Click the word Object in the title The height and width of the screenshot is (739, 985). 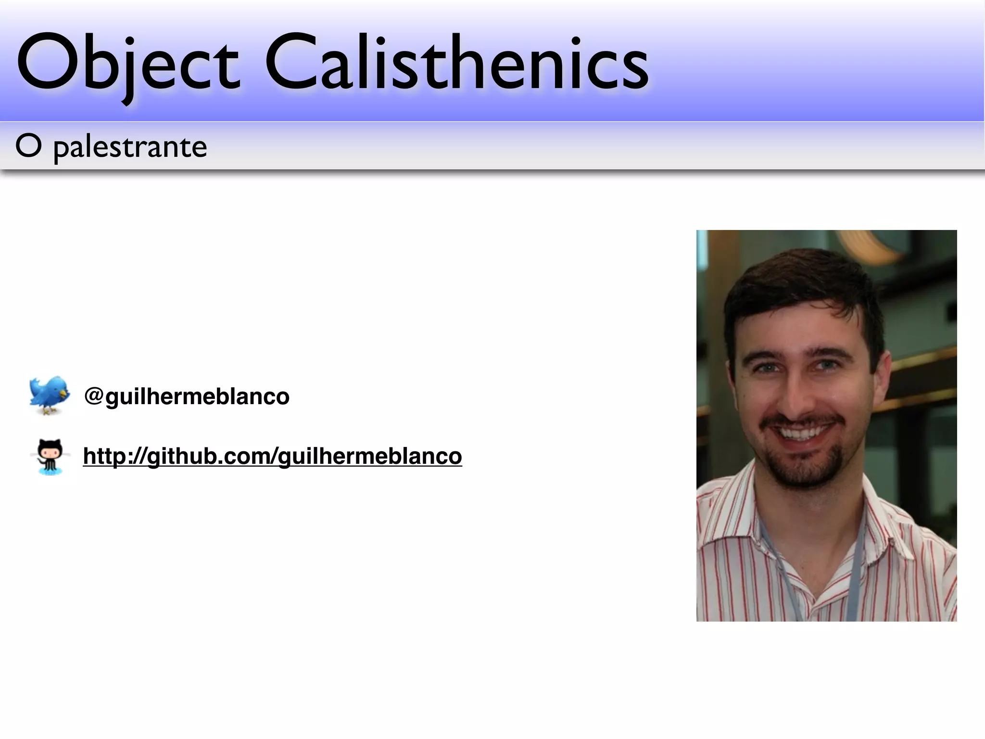pyautogui.click(x=127, y=63)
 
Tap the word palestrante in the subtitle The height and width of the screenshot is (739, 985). pyautogui.click(x=130, y=147)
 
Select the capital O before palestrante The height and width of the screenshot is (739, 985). pyautogui.click(x=28, y=146)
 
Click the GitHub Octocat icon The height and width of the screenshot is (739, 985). pyautogui.click(x=50, y=456)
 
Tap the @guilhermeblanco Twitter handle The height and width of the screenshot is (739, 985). pyautogui.click(x=187, y=396)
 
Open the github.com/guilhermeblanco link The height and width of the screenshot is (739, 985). pyautogui.click(x=272, y=456)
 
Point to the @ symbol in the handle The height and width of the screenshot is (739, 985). pyautogui.click(x=94, y=395)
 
